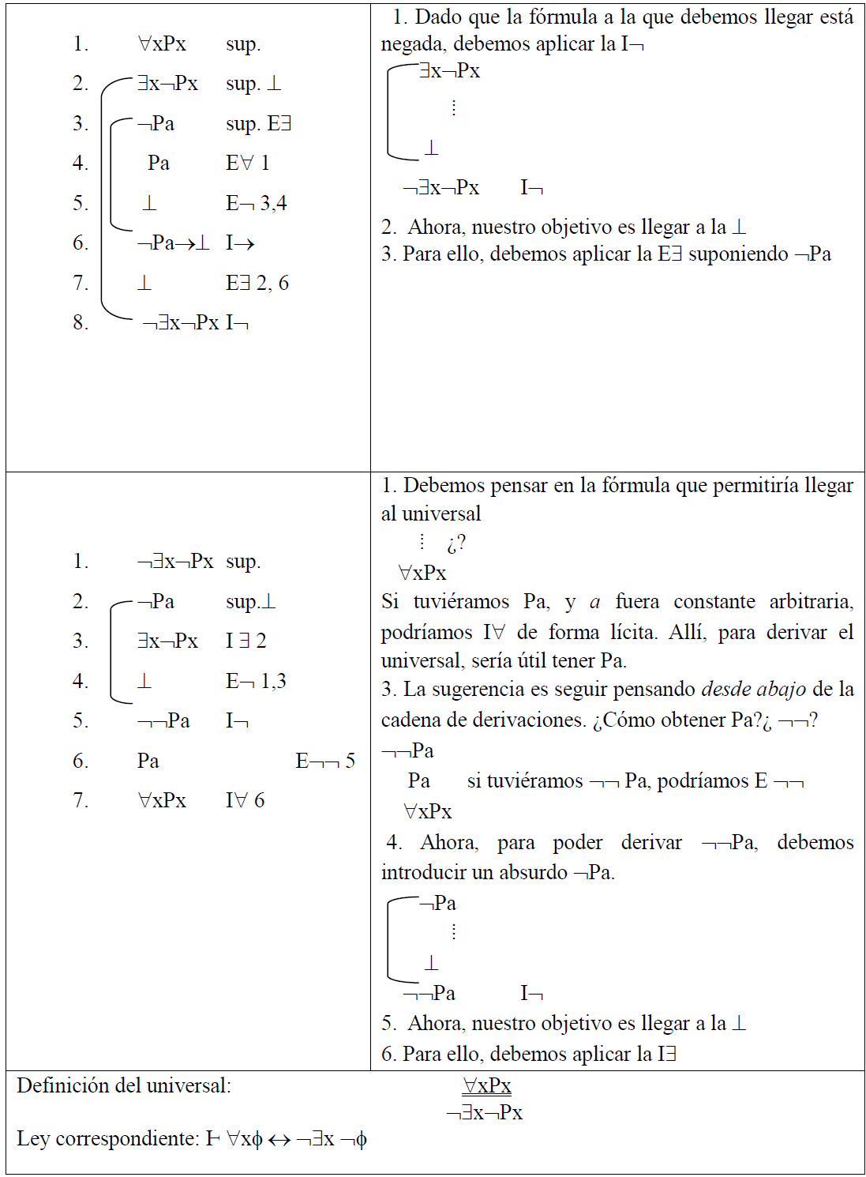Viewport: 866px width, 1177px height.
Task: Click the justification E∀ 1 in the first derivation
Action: click(x=247, y=164)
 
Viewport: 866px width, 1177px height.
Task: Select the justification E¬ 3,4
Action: click(x=256, y=204)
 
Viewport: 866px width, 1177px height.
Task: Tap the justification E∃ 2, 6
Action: click(x=257, y=283)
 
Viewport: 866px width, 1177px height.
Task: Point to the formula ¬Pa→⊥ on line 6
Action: click(x=174, y=243)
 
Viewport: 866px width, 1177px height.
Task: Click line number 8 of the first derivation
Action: click(x=80, y=322)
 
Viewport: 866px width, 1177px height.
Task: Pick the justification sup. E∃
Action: click(x=258, y=124)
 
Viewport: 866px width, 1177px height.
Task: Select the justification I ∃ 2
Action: click(x=246, y=641)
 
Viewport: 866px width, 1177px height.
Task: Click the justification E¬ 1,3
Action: click(x=256, y=681)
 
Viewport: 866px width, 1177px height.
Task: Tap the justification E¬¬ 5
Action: click(x=325, y=761)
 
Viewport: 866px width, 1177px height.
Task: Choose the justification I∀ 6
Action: click(x=245, y=800)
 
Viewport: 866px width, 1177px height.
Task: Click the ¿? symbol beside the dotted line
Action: click(x=455, y=543)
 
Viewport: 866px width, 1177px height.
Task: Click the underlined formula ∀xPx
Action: click(x=486, y=1086)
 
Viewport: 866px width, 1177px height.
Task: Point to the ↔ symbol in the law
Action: click(x=279, y=1140)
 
